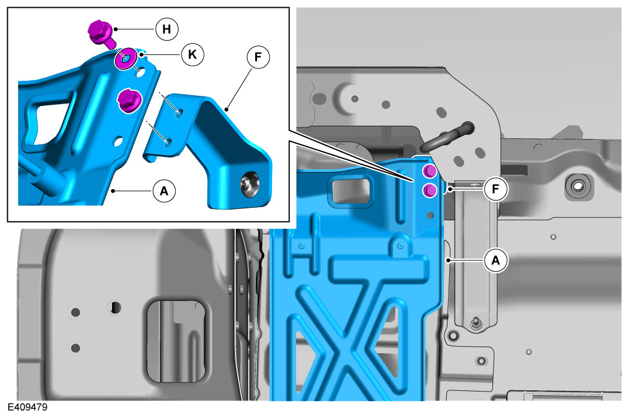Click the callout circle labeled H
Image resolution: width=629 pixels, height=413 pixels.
click(167, 29)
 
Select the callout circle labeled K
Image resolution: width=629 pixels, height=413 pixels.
click(192, 54)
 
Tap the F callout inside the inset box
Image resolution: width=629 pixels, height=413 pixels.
click(258, 57)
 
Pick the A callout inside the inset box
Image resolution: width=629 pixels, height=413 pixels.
click(164, 191)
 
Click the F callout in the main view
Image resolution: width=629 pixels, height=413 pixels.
click(496, 189)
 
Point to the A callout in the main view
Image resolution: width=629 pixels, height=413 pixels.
click(496, 260)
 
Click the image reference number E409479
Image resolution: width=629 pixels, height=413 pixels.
click(28, 407)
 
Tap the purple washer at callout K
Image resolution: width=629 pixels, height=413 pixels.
click(126, 59)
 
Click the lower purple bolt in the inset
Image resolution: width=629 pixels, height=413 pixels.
click(129, 101)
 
